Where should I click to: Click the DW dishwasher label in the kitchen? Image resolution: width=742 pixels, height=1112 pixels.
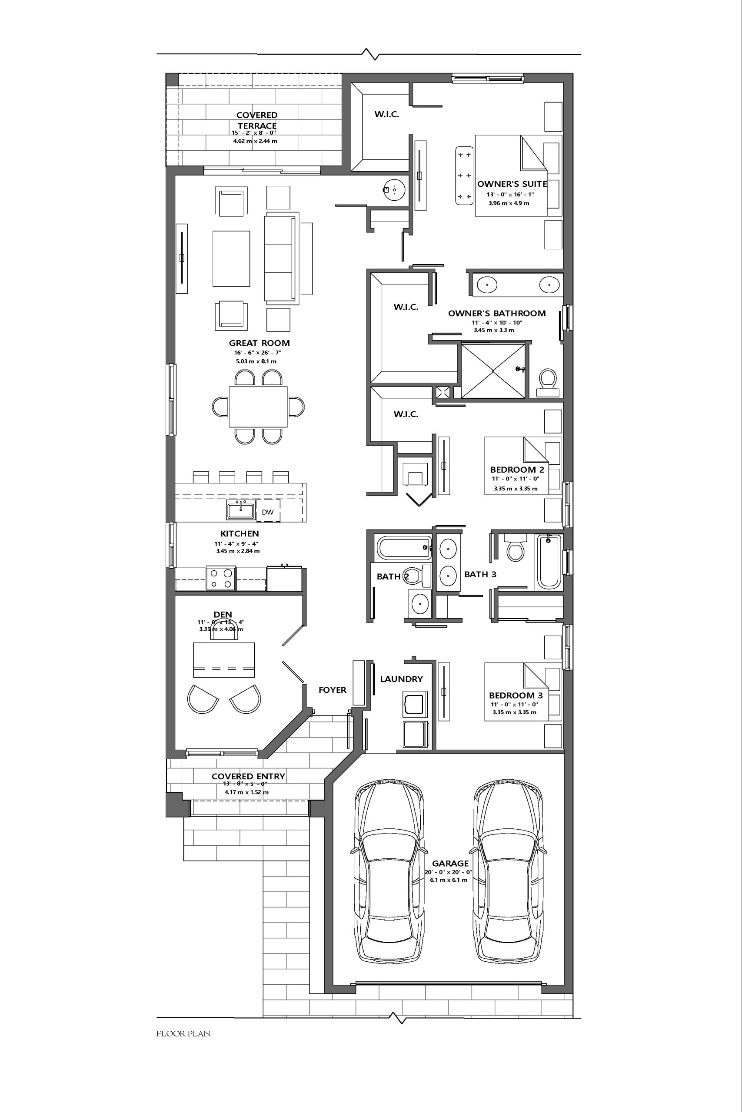pyautogui.click(x=267, y=512)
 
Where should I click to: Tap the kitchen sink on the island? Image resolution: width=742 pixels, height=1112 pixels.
pyautogui.click(x=240, y=510)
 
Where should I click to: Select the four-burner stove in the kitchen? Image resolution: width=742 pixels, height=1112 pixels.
pyautogui.click(x=221, y=578)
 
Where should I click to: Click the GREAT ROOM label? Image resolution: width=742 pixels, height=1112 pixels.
pyautogui.click(x=260, y=343)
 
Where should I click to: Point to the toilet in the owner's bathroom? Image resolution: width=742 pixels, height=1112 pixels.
pyautogui.click(x=548, y=382)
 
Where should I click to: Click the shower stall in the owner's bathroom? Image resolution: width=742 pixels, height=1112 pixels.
pyautogui.click(x=493, y=371)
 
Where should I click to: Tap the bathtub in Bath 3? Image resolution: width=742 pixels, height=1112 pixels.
pyautogui.click(x=549, y=562)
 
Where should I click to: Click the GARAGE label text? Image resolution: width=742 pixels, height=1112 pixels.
pyautogui.click(x=450, y=863)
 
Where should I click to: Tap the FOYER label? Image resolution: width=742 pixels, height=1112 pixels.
pyautogui.click(x=332, y=690)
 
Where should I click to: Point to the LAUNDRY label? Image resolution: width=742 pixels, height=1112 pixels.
pyautogui.click(x=401, y=679)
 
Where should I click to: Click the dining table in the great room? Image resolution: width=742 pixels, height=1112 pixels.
pyautogui.click(x=258, y=407)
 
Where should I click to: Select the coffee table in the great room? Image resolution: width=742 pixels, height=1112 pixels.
pyautogui.click(x=231, y=258)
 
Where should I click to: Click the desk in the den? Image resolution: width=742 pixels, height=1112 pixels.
pyautogui.click(x=224, y=660)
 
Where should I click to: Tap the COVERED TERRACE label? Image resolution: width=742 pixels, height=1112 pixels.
pyautogui.click(x=257, y=120)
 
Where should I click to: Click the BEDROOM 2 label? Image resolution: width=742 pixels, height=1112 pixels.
pyautogui.click(x=517, y=470)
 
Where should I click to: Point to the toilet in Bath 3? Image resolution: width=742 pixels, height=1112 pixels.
pyautogui.click(x=515, y=547)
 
